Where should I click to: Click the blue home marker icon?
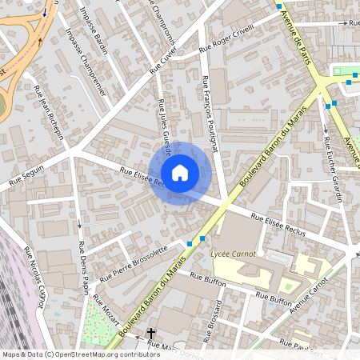(x=180, y=173)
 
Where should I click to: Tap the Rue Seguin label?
(x=25, y=177)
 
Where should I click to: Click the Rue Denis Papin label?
(x=82, y=256)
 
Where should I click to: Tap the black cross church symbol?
(x=150, y=333)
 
